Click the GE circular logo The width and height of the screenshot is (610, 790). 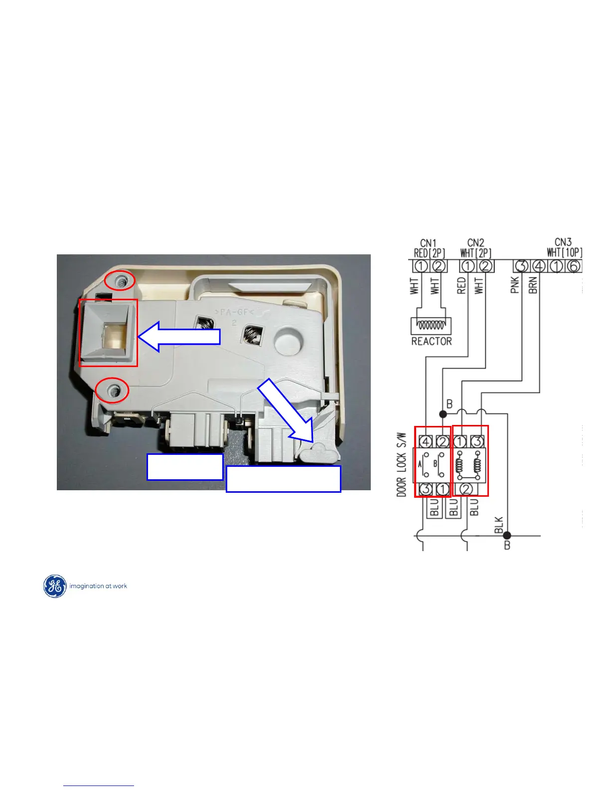click(x=55, y=586)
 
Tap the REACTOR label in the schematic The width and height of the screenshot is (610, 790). click(x=432, y=342)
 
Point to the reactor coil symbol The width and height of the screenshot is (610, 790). click(x=431, y=326)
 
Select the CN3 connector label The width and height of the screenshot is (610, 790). click(x=563, y=242)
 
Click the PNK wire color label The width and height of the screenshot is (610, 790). click(x=515, y=285)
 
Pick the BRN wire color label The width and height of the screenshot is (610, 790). click(x=533, y=285)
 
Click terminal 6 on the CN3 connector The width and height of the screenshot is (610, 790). click(x=574, y=266)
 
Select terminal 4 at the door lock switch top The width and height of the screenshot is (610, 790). click(x=426, y=441)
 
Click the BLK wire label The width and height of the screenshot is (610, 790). click(x=499, y=525)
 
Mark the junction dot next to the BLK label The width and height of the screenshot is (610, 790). click(x=507, y=536)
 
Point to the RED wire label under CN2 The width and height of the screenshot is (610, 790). click(x=461, y=285)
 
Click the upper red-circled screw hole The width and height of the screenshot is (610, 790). click(x=120, y=282)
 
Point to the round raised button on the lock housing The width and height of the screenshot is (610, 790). click(x=288, y=341)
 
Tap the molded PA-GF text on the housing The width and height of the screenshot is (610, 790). click(x=234, y=313)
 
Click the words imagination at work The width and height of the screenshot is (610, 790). click(x=98, y=586)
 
